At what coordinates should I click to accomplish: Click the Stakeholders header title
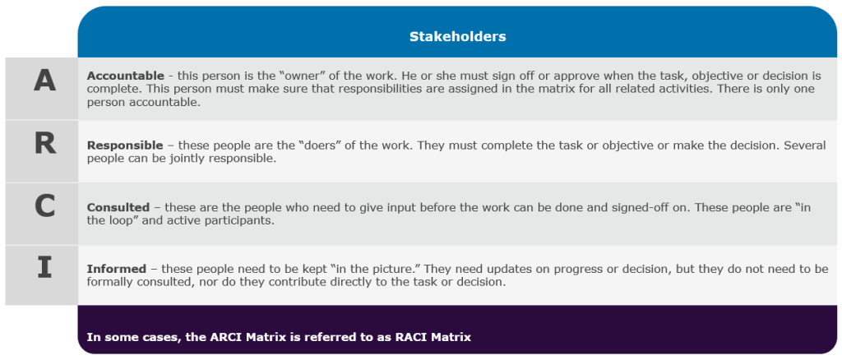click(457, 36)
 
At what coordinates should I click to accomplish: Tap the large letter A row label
click(44, 81)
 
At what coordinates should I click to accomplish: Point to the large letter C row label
click(44, 206)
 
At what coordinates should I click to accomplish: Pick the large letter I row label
click(44, 268)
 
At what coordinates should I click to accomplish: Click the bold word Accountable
click(125, 76)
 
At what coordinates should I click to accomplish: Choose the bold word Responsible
click(125, 145)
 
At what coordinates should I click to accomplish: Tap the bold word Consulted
click(118, 207)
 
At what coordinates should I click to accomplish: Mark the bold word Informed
click(117, 269)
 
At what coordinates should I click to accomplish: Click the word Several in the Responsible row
click(807, 145)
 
